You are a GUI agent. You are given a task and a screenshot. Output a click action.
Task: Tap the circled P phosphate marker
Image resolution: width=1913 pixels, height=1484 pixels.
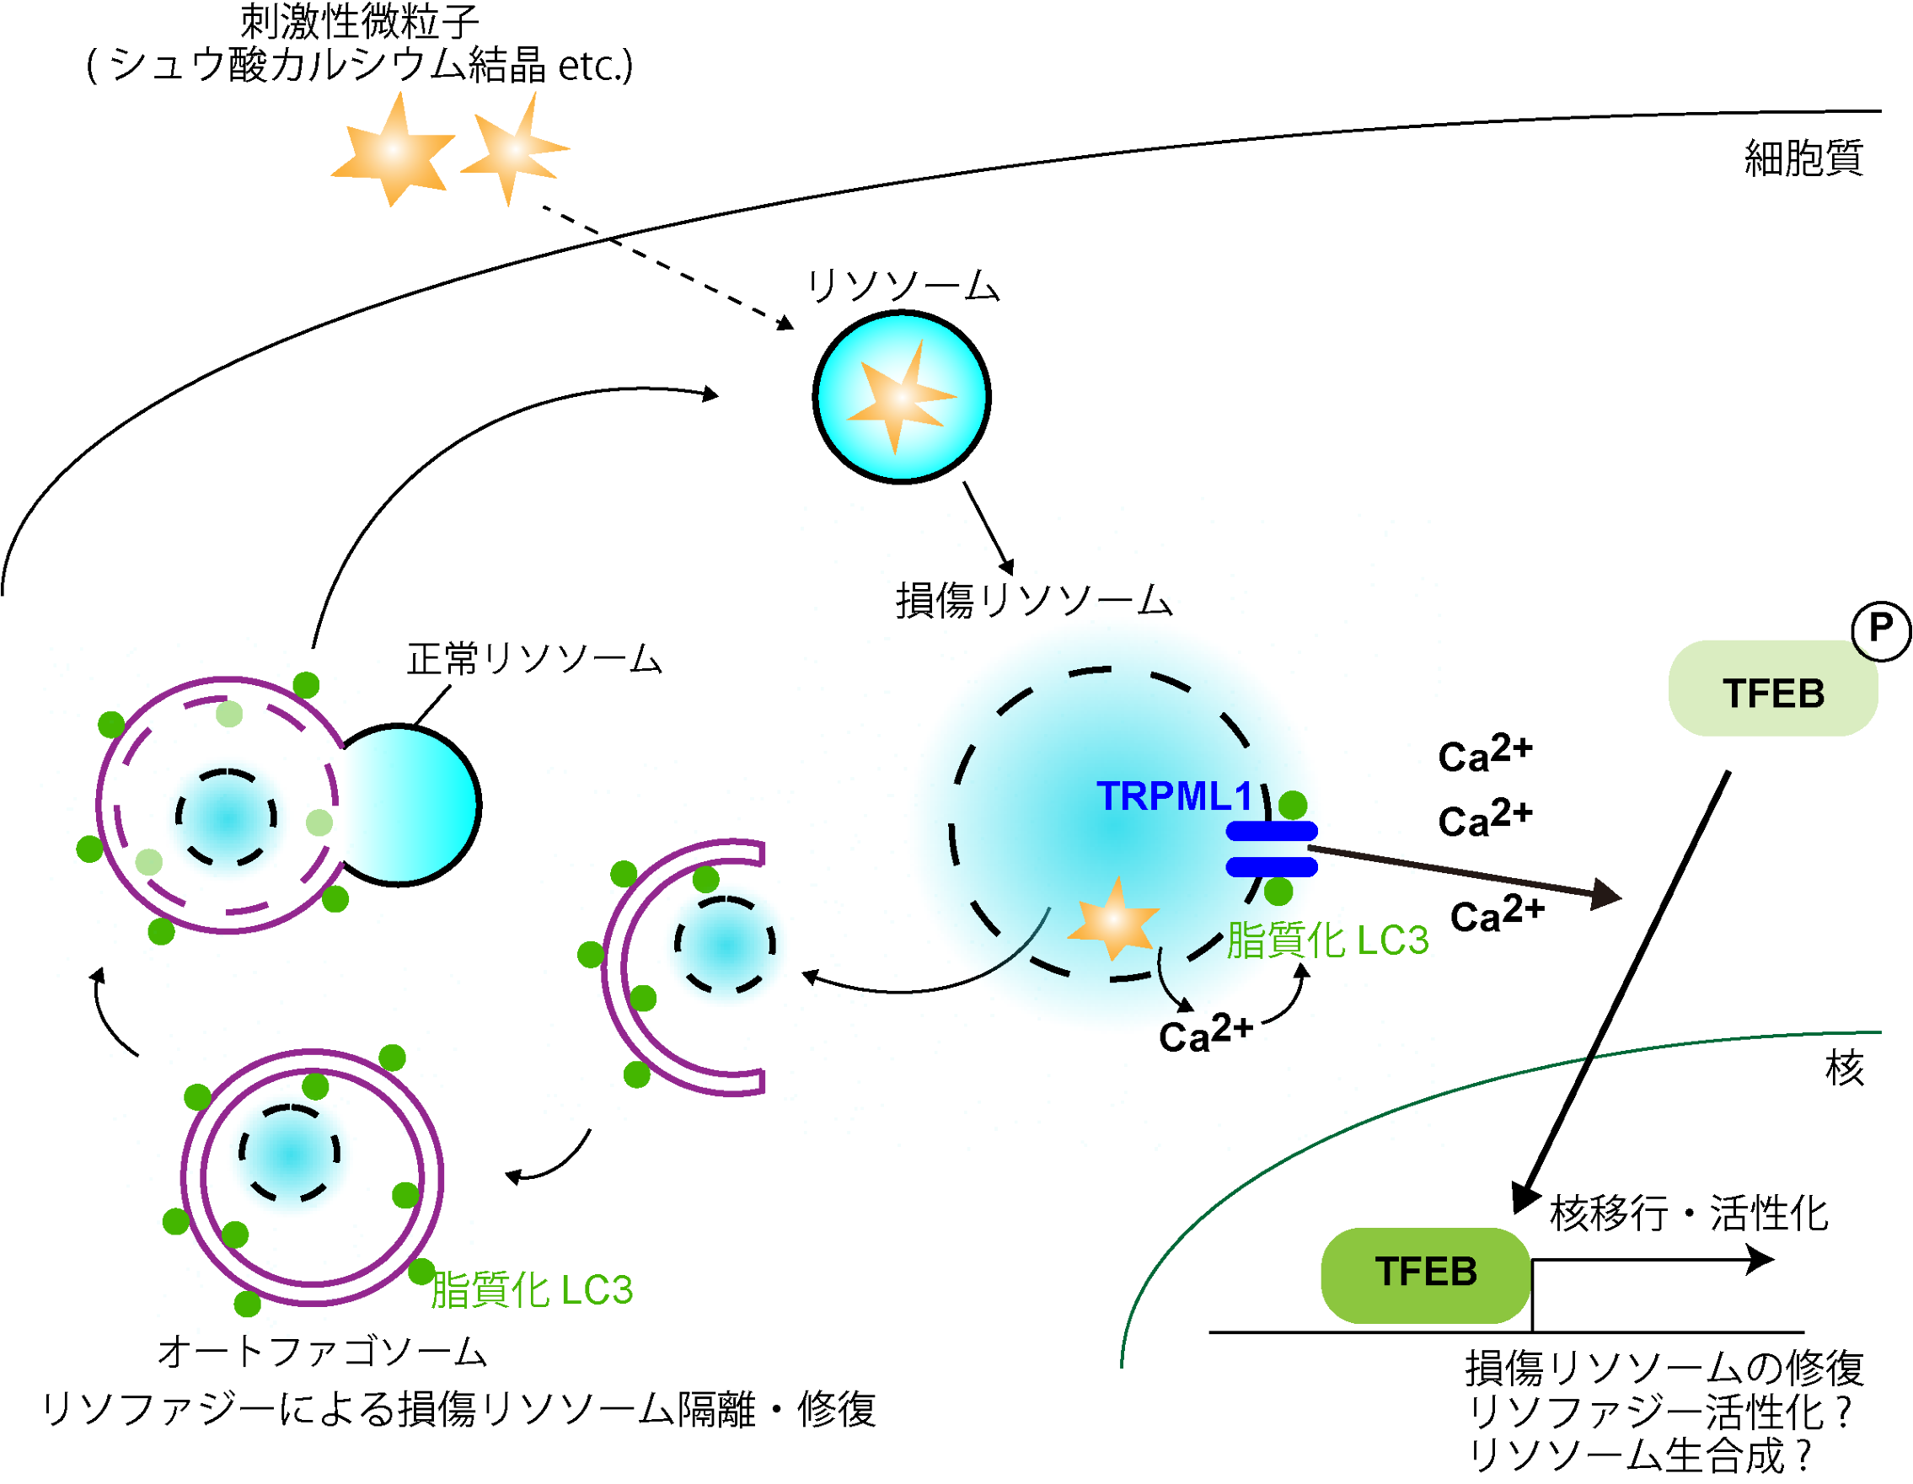pos(1880,629)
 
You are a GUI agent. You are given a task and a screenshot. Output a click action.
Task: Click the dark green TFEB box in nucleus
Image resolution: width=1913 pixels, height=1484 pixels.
pos(1426,1274)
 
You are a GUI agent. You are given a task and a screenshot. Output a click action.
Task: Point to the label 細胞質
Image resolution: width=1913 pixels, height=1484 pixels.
pos(1803,158)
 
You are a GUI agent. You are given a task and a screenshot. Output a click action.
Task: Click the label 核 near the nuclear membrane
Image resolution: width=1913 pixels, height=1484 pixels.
pos(1845,1069)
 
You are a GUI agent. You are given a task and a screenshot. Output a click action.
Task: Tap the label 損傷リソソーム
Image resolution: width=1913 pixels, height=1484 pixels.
pos(1033,601)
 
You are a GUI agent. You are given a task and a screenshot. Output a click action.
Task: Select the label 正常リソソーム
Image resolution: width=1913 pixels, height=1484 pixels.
pos(534,659)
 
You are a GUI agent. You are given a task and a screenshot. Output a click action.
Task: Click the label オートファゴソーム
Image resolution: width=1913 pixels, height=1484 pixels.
pos(322,1352)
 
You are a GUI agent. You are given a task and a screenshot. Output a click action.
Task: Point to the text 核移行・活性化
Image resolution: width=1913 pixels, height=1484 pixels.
pos(1689,1214)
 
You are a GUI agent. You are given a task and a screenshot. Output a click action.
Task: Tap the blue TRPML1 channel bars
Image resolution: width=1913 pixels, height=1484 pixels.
pos(1272,849)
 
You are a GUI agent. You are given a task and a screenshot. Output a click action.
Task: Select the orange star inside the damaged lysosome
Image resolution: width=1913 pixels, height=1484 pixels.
pos(1113,920)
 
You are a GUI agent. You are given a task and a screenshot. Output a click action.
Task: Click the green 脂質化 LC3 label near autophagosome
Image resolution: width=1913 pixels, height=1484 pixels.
pos(531,1290)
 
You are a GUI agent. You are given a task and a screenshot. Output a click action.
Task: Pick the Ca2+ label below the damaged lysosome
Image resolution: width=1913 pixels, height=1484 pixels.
pos(1205,1035)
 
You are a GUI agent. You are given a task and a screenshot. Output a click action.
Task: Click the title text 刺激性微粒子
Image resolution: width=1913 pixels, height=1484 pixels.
pos(359,21)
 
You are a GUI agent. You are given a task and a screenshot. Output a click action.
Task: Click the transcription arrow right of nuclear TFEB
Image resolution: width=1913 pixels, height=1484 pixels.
pos(1655,1262)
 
